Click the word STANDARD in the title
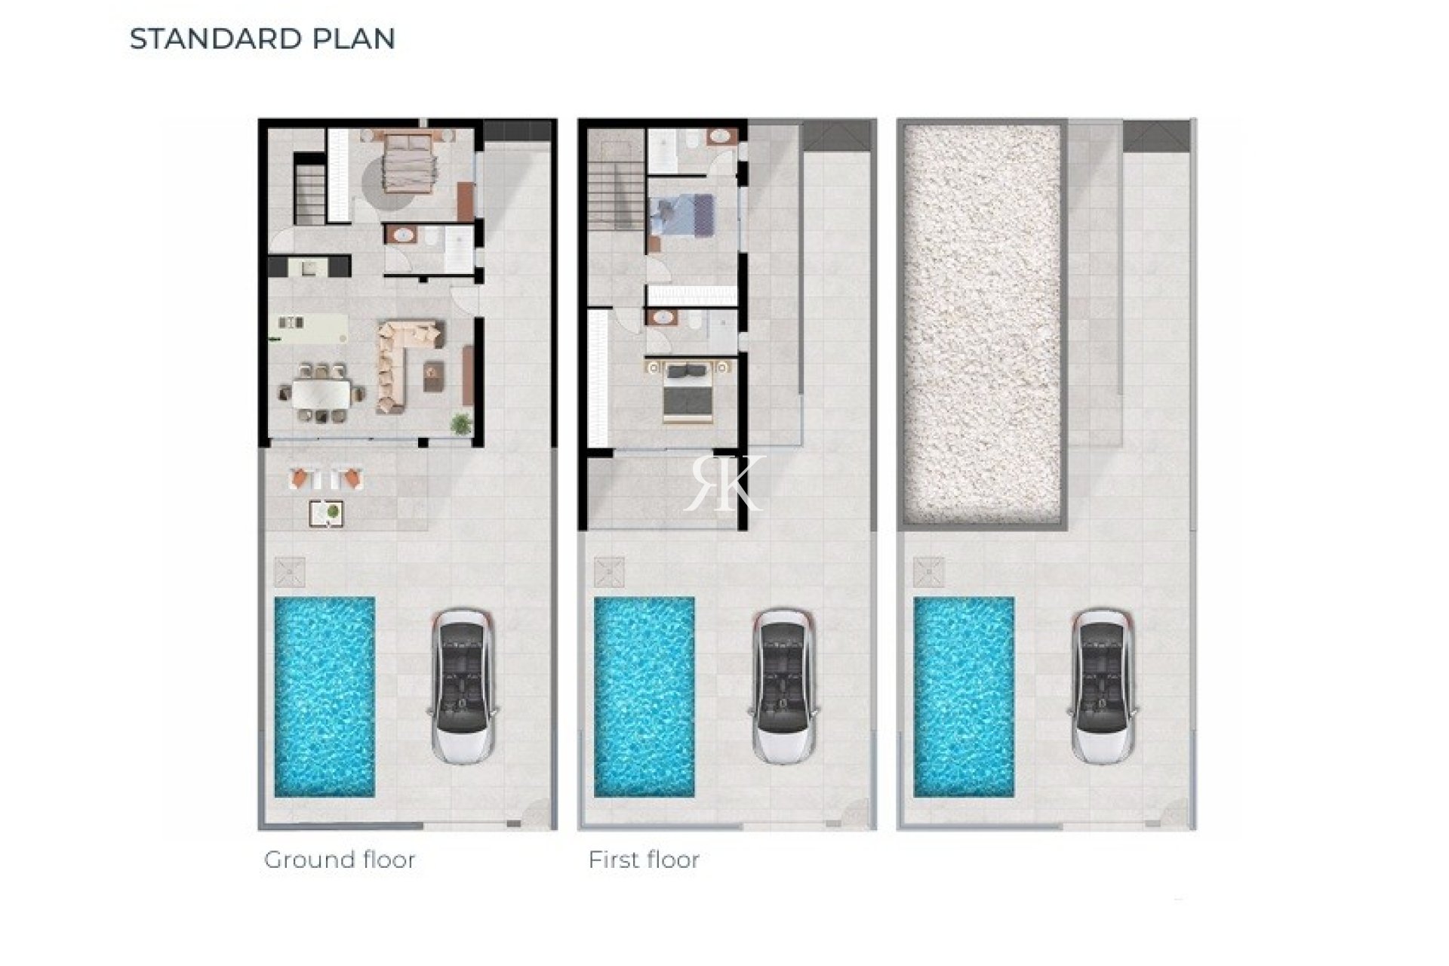coord(202,38)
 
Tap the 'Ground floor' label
coord(340,860)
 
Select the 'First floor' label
coord(644,860)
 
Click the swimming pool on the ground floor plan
coord(325,697)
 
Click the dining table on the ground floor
coord(321,392)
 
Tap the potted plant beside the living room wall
coord(460,423)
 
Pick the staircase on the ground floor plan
coord(310,195)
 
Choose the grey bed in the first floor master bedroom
coord(688,391)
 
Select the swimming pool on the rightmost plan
coord(964,697)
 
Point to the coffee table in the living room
coord(433,376)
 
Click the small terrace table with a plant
coord(327,513)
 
